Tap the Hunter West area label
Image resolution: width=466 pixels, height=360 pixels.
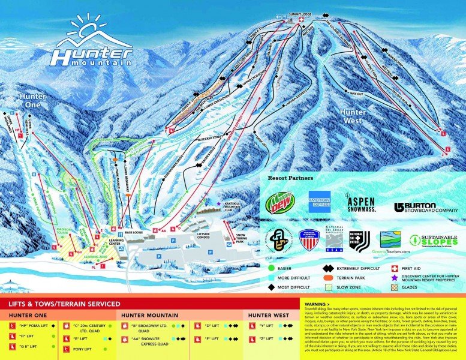tap(352, 115)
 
